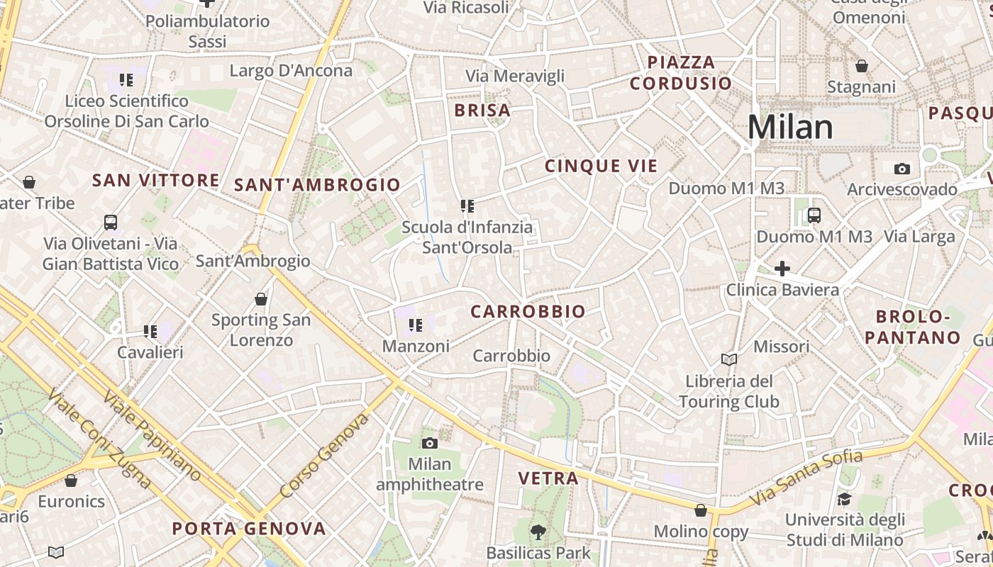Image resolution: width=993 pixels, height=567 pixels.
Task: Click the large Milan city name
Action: (790, 128)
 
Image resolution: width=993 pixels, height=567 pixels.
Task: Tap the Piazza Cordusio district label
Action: (681, 73)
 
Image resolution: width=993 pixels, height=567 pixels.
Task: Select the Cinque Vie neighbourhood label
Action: (601, 167)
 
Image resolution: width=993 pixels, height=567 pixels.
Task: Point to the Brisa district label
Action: (482, 111)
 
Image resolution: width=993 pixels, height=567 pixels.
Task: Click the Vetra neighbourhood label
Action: (548, 478)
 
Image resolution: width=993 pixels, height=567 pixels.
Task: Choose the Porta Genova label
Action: (249, 529)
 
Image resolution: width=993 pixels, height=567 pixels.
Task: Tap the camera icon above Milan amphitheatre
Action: (429, 444)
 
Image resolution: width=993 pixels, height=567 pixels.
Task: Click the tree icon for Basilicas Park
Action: (538, 532)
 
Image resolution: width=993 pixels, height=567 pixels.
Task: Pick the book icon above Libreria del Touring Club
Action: (728, 359)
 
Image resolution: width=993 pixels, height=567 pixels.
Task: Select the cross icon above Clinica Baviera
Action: (782, 269)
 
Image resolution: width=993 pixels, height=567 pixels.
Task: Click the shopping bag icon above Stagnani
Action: (862, 66)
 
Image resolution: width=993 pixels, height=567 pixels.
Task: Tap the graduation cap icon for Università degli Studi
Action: (844, 499)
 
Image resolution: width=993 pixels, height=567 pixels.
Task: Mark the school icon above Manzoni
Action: (416, 325)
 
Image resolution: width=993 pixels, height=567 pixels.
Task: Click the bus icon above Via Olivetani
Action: (111, 223)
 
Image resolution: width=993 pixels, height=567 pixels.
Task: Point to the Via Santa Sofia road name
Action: (807, 478)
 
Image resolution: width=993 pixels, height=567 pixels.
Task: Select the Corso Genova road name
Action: (324, 456)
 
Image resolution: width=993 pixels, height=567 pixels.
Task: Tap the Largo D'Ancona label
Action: (291, 71)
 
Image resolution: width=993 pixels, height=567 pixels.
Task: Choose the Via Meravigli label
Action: (515, 76)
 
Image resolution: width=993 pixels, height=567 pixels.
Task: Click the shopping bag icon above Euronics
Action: (71, 481)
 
